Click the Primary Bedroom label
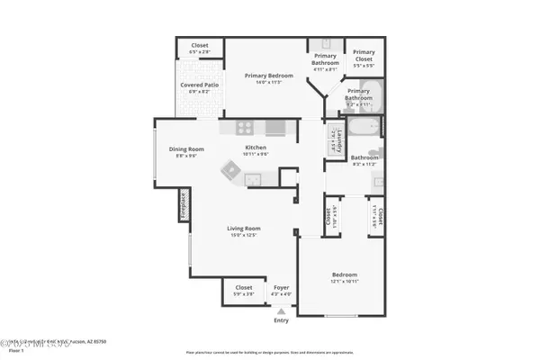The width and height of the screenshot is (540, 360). [x=269, y=76]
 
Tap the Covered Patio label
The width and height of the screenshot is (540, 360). [x=196, y=85]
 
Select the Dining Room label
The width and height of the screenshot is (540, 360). [x=186, y=149]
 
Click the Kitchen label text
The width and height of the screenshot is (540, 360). [x=256, y=148]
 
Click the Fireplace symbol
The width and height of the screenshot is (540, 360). [x=182, y=205]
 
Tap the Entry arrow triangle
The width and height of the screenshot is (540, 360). [x=282, y=311]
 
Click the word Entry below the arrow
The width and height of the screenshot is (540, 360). [x=282, y=320]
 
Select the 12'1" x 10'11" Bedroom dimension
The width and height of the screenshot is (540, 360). [x=344, y=281]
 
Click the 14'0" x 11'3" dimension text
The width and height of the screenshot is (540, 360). [x=269, y=82]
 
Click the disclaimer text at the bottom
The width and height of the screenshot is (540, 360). [x=269, y=352]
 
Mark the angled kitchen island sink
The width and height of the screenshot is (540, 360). [x=231, y=168]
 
